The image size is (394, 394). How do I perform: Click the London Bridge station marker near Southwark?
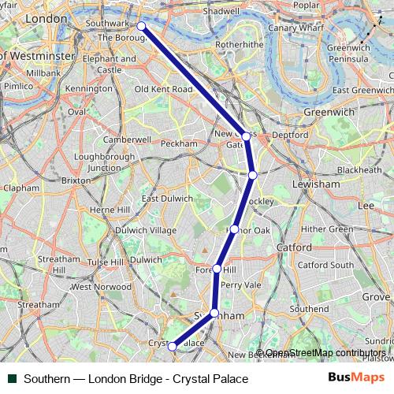click(141, 26)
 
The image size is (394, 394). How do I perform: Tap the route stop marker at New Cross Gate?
click(246, 136)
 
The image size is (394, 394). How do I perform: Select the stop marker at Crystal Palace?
click(172, 345)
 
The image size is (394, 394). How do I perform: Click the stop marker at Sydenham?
click(214, 314)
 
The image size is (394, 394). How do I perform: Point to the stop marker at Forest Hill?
click(217, 269)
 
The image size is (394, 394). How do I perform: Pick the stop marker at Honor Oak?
click(234, 229)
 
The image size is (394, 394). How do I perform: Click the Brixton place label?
click(76, 180)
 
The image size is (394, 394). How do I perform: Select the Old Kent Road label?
click(163, 89)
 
